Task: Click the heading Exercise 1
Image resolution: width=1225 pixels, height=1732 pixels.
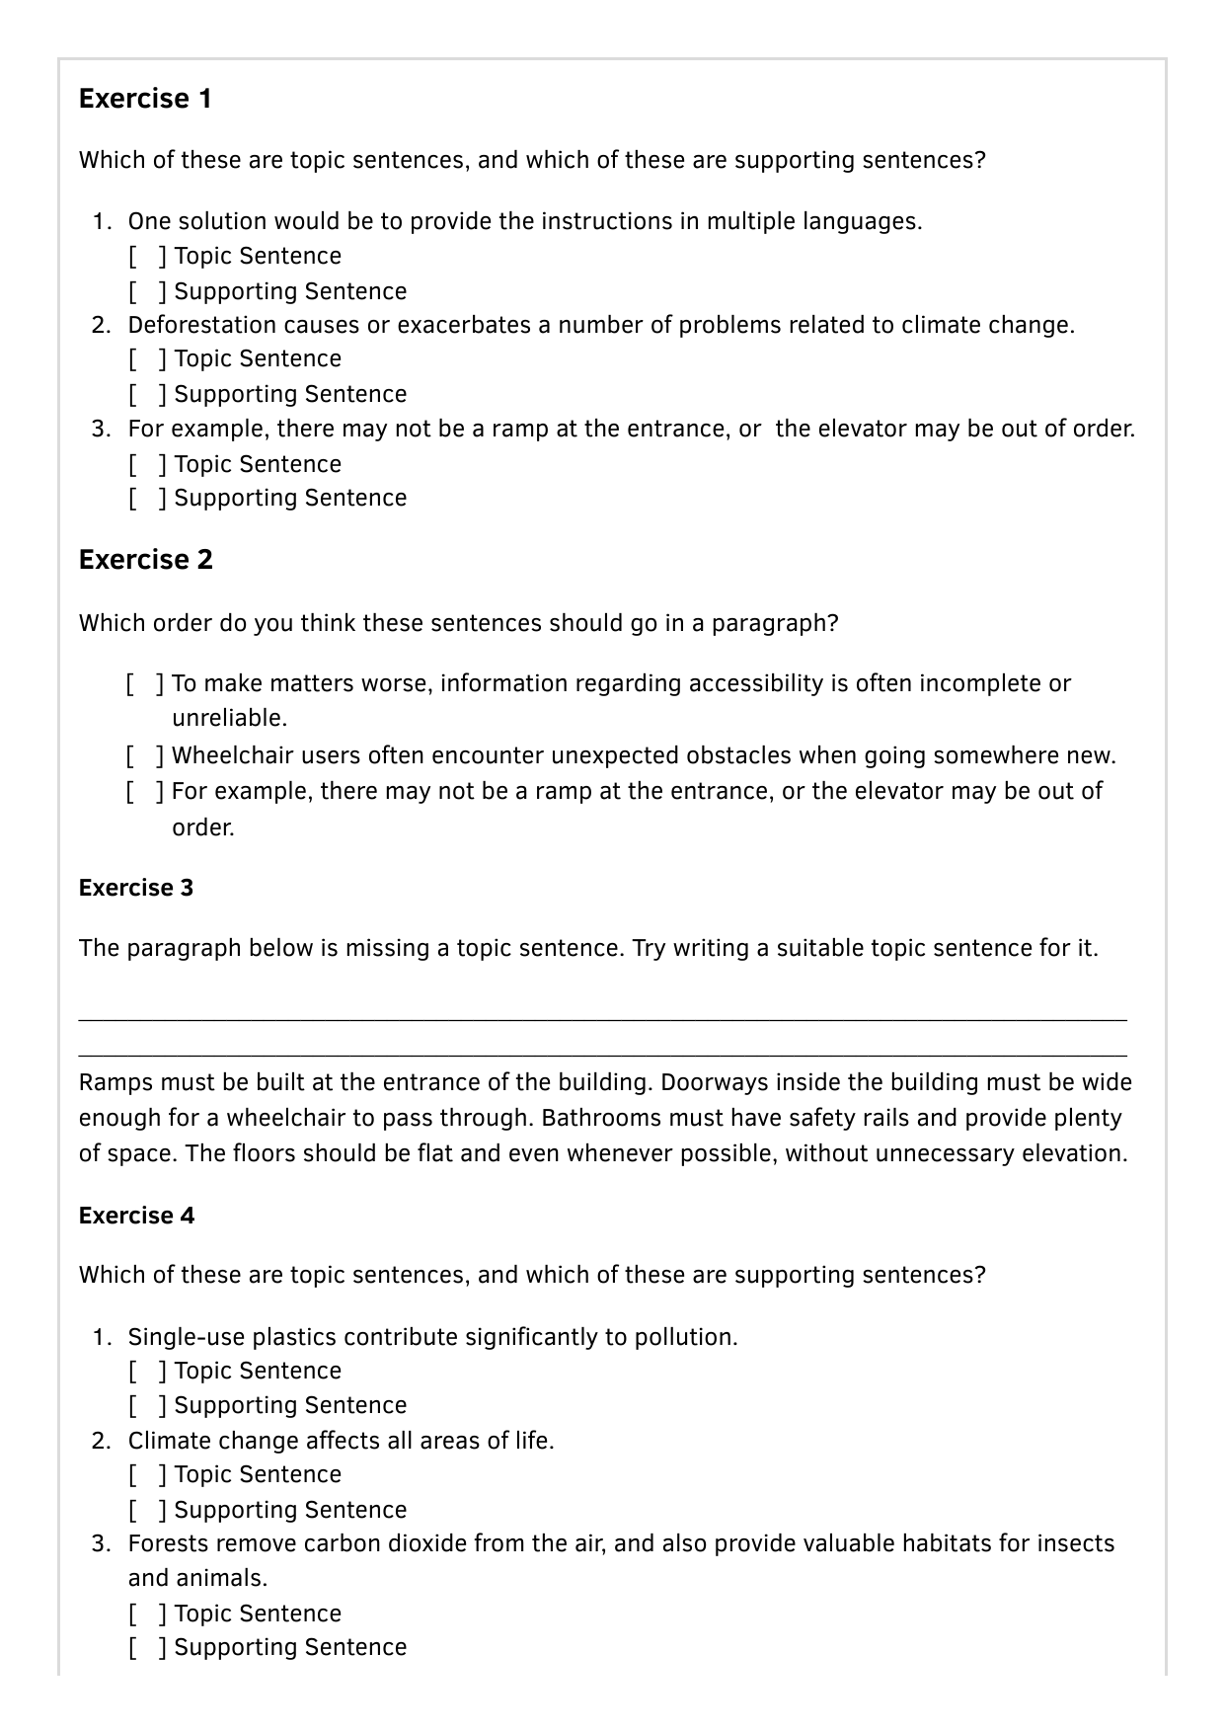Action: tap(145, 99)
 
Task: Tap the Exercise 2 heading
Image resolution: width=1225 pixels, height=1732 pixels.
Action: tap(145, 560)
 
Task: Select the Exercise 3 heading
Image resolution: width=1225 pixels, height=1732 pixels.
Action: tap(136, 888)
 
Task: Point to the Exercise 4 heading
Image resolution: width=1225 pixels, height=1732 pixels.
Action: tap(136, 1216)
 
